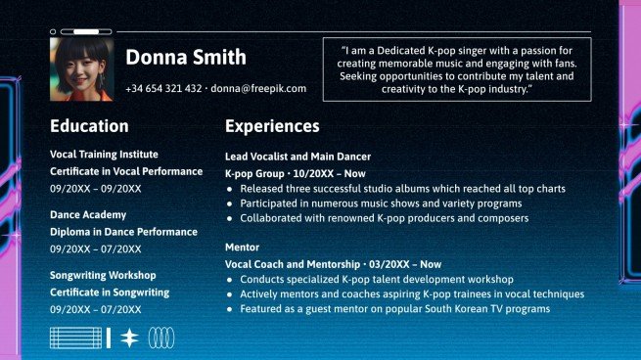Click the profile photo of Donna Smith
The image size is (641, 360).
(81, 69)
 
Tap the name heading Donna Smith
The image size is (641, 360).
(186, 58)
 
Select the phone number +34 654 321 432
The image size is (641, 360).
(163, 88)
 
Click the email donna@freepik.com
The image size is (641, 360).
(258, 88)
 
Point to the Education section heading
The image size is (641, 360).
(89, 126)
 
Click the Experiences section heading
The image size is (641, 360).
(272, 126)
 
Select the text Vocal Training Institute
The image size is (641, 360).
(104, 154)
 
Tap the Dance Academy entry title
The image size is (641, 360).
(88, 214)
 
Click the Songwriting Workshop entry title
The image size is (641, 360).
(103, 275)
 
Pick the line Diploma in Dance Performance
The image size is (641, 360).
(123, 232)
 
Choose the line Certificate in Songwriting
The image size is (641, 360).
(110, 292)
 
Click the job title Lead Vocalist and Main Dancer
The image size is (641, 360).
(298, 156)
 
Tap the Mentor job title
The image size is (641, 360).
(242, 247)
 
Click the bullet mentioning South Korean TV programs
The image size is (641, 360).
(394, 309)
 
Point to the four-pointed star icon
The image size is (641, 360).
(129, 338)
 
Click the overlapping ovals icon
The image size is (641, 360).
(161, 338)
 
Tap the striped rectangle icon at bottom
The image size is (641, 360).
(76, 338)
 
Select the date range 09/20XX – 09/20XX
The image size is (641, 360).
(95, 189)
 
